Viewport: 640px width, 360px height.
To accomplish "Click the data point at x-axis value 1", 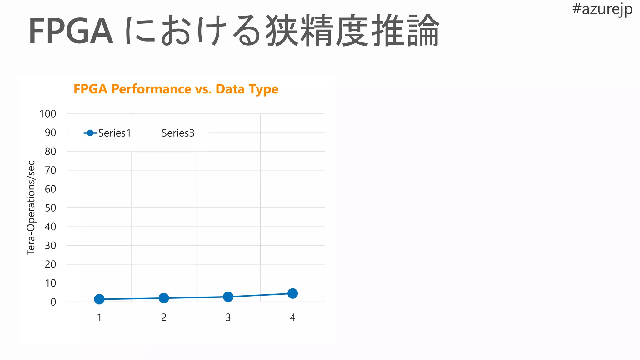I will pos(99,299).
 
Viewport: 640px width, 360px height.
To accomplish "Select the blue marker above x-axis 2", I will pos(164,298).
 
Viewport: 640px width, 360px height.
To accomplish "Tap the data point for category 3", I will pos(228,297).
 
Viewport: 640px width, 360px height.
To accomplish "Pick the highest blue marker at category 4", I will pos(292,293).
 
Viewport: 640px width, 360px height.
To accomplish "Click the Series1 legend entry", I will pos(107,133).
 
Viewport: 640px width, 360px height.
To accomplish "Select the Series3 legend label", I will pos(178,133).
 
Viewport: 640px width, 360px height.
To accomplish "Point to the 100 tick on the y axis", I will pos(48,114).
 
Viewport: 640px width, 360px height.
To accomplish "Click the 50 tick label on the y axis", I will pos(50,208).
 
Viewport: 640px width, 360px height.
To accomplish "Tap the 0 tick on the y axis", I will pos(53,302).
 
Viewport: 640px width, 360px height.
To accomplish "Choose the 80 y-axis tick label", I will pos(50,152).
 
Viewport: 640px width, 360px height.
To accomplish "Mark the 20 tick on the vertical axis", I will pos(50,264).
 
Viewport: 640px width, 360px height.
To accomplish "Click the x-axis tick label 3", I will pos(228,317).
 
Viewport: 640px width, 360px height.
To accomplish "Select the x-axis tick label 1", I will pos(99,317).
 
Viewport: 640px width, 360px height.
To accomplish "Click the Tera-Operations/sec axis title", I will pos(31,208).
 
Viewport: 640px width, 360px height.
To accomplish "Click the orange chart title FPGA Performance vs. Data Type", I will pos(176,89).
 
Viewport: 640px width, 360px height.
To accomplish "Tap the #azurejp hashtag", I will pos(602,9).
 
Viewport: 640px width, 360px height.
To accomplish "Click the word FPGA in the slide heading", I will pos(71,31).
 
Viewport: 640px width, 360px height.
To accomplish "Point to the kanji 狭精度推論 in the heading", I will pos(352,31).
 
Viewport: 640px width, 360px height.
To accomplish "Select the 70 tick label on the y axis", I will pos(50,170).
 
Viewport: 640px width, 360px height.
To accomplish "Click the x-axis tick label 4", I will pos(292,317).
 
